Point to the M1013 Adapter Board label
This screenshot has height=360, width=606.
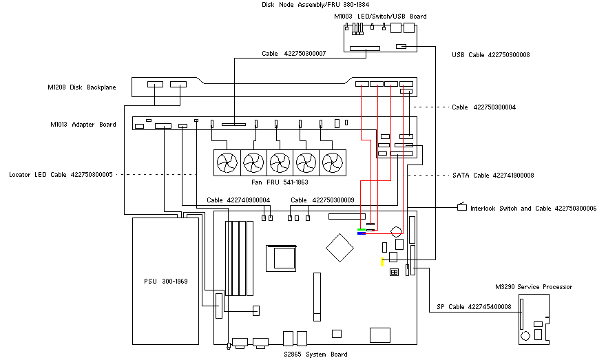coord(83,125)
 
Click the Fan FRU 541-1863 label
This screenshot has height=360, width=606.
coord(280,183)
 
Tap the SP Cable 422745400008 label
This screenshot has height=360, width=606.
coord(474,307)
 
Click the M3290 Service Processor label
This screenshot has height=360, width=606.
coord(533,287)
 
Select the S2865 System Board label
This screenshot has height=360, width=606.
coord(315,354)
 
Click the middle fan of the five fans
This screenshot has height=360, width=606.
coord(280,163)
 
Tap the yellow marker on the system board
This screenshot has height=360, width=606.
coord(382,261)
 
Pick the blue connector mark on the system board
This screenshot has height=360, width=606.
coord(362,233)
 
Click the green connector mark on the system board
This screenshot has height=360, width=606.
coord(362,229)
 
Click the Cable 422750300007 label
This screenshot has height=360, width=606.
coord(293,53)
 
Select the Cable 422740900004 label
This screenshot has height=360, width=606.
coord(238,200)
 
